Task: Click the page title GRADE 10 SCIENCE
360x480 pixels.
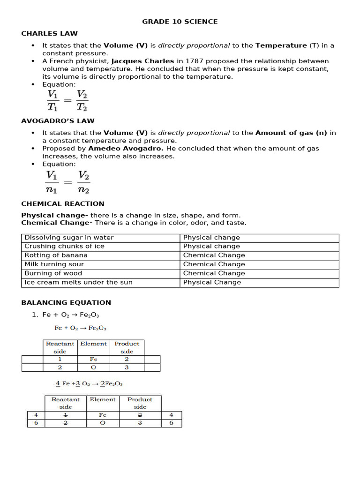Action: click(180, 22)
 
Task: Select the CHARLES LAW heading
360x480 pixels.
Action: click(49, 33)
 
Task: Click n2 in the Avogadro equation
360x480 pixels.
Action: click(83, 190)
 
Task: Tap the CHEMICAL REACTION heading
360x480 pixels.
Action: click(63, 203)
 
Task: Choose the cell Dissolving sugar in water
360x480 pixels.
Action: click(69, 238)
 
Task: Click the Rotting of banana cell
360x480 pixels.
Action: click(56, 255)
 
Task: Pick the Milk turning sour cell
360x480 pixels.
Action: click(54, 264)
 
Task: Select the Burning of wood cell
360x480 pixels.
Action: click(53, 273)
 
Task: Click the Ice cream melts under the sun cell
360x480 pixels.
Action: click(78, 282)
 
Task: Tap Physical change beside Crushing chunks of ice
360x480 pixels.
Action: click(211, 247)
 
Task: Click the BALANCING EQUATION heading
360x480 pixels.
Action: click(66, 302)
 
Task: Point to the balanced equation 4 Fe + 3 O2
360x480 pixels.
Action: click(89, 383)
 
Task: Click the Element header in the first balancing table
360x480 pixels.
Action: click(93, 344)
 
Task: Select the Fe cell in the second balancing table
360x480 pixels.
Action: click(103, 415)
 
